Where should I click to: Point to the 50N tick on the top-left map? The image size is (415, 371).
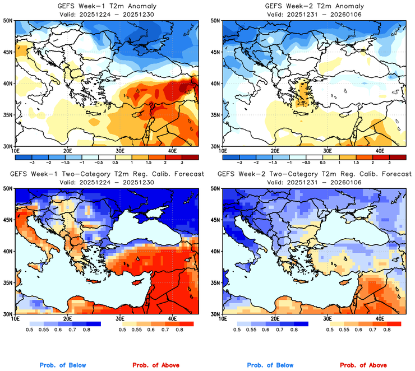click(8, 20)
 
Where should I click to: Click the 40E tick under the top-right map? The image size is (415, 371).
click(379, 151)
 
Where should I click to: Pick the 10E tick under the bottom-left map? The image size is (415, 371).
click(15, 318)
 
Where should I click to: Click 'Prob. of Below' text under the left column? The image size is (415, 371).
click(63, 365)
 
